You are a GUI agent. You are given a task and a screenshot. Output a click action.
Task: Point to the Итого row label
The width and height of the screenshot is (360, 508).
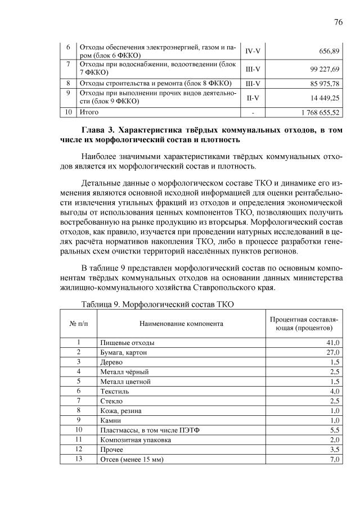(x=89, y=112)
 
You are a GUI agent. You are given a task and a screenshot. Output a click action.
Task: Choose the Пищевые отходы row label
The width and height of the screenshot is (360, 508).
(x=127, y=342)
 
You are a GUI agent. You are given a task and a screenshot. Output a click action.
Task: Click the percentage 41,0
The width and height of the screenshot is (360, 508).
(x=333, y=342)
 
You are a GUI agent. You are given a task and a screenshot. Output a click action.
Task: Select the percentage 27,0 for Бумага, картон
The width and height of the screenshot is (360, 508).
(x=333, y=352)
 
